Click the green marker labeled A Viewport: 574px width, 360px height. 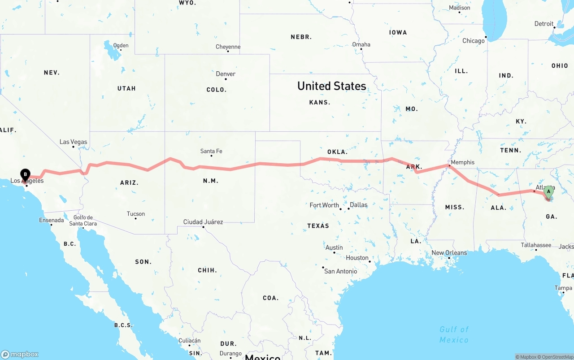pyautogui.click(x=548, y=192)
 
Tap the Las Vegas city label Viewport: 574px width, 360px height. pyautogui.click(x=74, y=142)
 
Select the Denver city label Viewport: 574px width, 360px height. pyautogui.click(x=226, y=74)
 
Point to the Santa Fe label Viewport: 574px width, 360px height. pyautogui.click(x=211, y=152)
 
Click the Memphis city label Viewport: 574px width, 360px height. pyautogui.click(x=462, y=162)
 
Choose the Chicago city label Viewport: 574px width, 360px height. pyautogui.click(x=474, y=41)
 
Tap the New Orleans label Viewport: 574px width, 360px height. pyautogui.click(x=449, y=253)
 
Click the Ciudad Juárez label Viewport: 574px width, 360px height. pyautogui.click(x=203, y=222)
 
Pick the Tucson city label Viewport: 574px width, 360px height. pyautogui.click(x=135, y=214)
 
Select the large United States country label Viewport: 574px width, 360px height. pyautogui.click(x=331, y=86)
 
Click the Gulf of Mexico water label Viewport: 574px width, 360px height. pyautogui.click(x=454, y=334)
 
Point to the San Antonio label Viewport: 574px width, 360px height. pyautogui.click(x=341, y=271)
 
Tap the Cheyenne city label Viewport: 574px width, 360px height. pyautogui.click(x=228, y=47)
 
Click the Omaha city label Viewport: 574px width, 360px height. pyautogui.click(x=361, y=44)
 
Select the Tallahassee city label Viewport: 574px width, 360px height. pyautogui.click(x=536, y=245)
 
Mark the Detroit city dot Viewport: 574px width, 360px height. pyautogui.click(x=554, y=28)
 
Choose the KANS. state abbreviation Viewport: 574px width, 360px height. pyautogui.click(x=320, y=102)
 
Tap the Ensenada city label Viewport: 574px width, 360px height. pyautogui.click(x=52, y=220)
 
